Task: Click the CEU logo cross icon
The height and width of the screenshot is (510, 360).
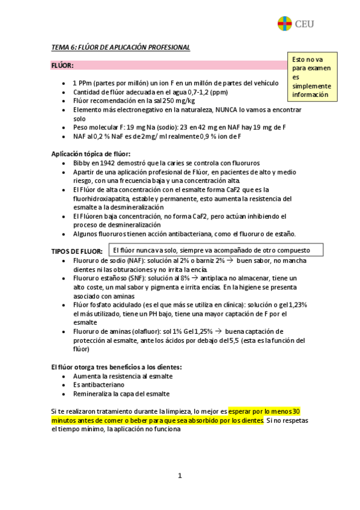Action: (284, 24)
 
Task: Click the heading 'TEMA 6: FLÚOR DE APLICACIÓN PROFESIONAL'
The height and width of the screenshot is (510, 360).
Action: (121, 47)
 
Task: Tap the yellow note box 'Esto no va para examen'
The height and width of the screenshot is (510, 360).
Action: (313, 77)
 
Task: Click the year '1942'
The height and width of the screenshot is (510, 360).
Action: (110, 163)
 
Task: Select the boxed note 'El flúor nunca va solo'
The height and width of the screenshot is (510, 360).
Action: (218, 250)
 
